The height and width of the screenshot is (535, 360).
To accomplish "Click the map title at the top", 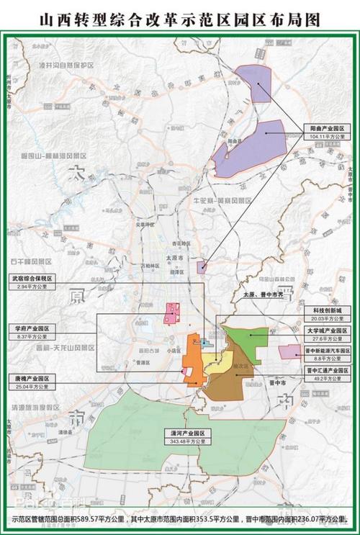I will tap(179, 16).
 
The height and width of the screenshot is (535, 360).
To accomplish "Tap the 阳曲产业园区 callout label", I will tap(326, 127).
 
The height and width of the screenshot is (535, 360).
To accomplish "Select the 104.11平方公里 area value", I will tap(326, 135).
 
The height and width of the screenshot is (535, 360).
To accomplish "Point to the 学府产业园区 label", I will tap(32, 328).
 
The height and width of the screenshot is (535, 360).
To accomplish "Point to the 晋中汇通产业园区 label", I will tap(325, 368).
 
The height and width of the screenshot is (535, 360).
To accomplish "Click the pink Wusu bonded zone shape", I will tap(172, 313).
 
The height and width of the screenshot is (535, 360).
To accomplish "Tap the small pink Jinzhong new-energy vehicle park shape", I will tap(290, 351).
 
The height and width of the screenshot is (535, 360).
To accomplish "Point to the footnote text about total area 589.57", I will tap(179, 518).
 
